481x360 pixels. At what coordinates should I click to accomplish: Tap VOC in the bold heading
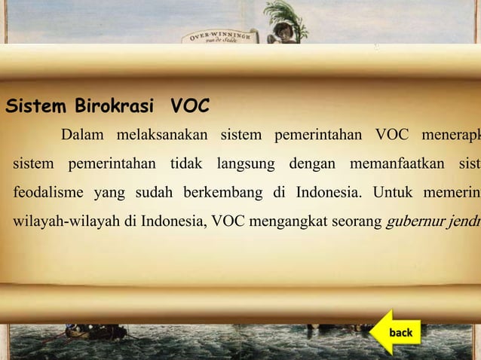point(189,107)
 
